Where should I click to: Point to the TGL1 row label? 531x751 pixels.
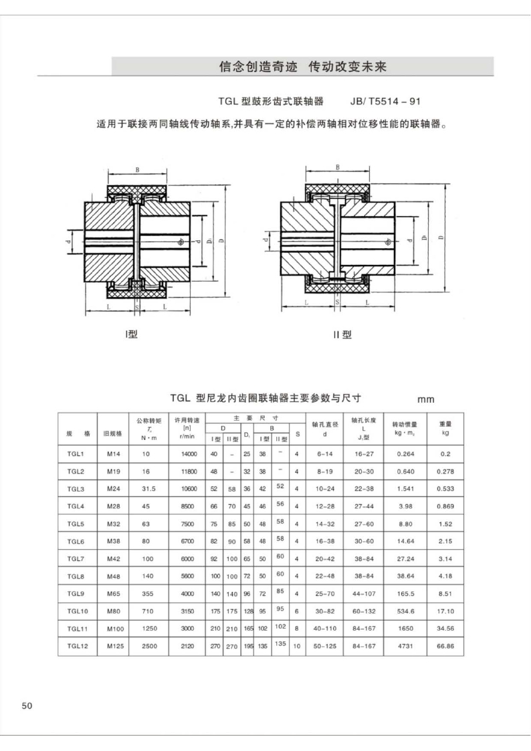pyautogui.click(x=75, y=455)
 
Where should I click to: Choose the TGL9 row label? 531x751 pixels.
pyautogui.click(x=75, y=594)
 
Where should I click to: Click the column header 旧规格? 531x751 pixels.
pyautogui.click(x=112, y=433)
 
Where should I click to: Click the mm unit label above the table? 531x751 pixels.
pyautogui.click(x=426, y=400)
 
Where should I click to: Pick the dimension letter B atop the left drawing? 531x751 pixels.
pyautogui.click(x=137, y=170)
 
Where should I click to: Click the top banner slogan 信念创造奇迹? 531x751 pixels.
pyautogui.click(x=258, y=67)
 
